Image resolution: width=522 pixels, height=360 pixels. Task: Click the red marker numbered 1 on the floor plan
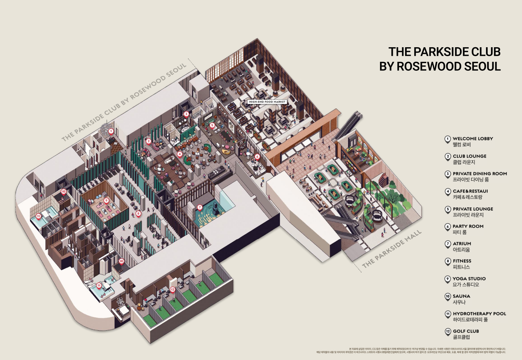[x=111, y=131]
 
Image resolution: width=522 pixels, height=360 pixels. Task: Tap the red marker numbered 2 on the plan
[x=149, y=141]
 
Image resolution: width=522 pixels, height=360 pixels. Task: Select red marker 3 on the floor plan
[x=186, y=114]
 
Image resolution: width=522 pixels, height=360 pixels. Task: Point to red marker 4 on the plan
[x=180, y=154]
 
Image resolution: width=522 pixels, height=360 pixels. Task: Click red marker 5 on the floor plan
[x=212, y=125]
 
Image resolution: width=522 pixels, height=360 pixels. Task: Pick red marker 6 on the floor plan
[x=257, y=157]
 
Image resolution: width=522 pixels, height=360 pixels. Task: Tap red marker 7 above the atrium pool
[x=200, y=207]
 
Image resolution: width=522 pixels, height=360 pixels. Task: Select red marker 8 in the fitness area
[x=138, y=213]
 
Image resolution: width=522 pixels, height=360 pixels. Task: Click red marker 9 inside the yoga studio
[x=106, y=200]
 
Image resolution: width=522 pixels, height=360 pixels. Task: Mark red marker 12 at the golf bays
[x=172, y=289]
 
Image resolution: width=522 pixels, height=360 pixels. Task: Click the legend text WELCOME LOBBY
[x=472, y=139]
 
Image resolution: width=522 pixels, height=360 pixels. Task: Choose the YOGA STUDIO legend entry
[x=469, y=278]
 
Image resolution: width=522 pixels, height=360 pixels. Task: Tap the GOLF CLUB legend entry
[x=466, y=331]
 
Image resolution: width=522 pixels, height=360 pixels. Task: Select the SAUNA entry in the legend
[x=461, y=296]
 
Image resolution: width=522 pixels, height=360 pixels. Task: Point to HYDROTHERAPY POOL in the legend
[x=479, y=313]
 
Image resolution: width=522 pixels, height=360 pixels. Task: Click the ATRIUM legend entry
[x=462, y=243]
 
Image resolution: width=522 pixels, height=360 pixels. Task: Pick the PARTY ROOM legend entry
[x=468, y=226]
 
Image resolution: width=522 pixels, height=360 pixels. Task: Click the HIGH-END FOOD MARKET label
[x=267, y=102]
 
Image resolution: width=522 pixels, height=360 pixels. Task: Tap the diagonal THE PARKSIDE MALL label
[x=392, y=249]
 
